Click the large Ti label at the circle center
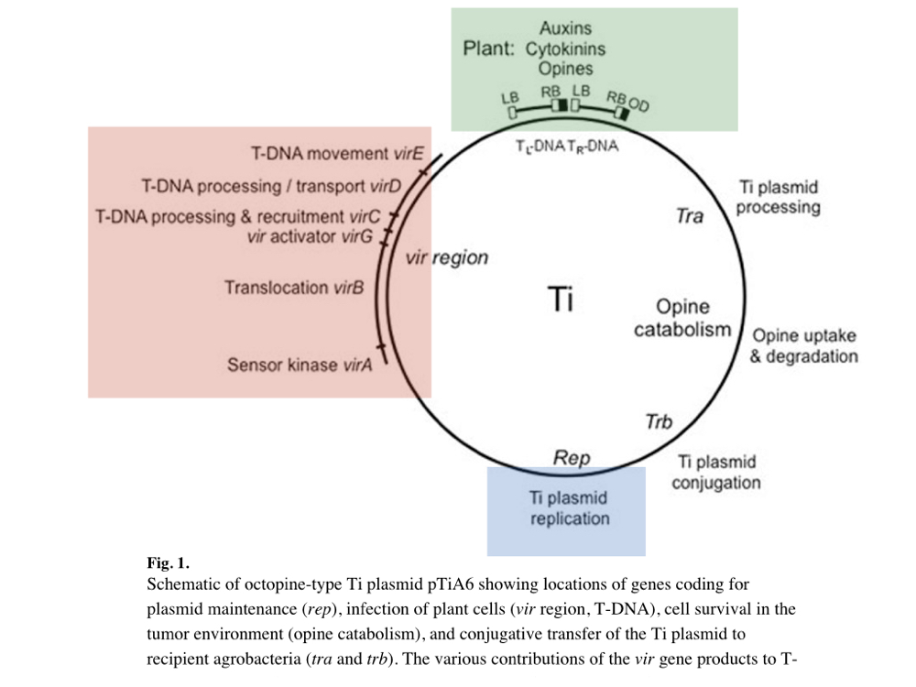(x=561, y=299)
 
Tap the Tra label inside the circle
(x=689, y=217)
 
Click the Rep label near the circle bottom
(x=572, y=457)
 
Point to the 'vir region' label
(x=447, y=257)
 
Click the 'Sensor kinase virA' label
(x=300, y=365)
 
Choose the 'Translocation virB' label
(x=294, y=288)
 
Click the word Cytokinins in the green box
(x=565, y=49)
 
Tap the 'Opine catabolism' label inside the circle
(x=682, y=319)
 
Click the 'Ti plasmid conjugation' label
(x=715, y=473)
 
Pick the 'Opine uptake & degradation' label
(x=803, y=346)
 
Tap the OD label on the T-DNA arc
(x=638, y=106)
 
